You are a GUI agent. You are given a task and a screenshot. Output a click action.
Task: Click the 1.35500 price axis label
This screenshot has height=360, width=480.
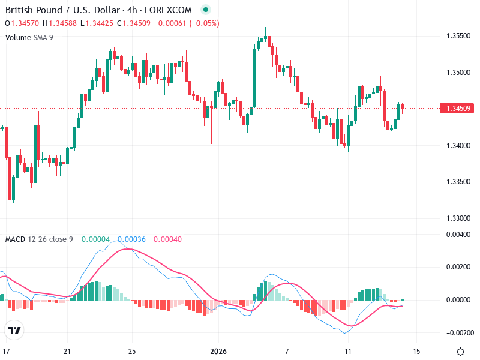pos(459,36)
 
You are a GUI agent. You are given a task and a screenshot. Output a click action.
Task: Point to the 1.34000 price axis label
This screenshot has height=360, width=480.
pos(459,145)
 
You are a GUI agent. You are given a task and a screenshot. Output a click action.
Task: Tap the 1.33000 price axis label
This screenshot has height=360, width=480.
pos(459,218)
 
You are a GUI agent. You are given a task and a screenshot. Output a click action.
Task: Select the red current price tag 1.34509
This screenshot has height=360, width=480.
pos(459,109)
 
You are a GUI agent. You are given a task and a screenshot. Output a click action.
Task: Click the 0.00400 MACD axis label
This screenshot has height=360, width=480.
pos(459,235)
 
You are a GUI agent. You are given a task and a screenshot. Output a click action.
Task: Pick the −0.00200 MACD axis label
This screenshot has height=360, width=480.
pos(458,332)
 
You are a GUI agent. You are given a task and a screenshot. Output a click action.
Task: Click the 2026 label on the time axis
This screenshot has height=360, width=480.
pos(217,351)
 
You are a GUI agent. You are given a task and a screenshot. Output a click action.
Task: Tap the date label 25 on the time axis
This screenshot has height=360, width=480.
pos(132,351)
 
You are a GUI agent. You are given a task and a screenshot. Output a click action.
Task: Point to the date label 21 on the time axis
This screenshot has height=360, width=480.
pos(67,351)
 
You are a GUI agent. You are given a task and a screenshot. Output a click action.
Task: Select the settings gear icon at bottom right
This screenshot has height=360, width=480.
pos(460,352)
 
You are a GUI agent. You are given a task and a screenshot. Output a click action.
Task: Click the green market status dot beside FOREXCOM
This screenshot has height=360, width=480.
pos(206,10)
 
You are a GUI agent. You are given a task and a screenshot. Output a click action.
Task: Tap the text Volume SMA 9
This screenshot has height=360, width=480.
pos(29,37)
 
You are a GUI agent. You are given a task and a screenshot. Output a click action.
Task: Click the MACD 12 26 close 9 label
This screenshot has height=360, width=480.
pos(39,239)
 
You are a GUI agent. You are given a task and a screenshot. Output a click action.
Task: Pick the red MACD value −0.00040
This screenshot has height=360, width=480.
pos(165,239)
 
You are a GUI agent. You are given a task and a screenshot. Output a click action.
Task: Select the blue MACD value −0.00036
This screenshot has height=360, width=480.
pos(131,239)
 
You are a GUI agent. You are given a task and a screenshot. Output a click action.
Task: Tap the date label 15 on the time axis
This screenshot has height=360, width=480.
pos(416,351)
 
